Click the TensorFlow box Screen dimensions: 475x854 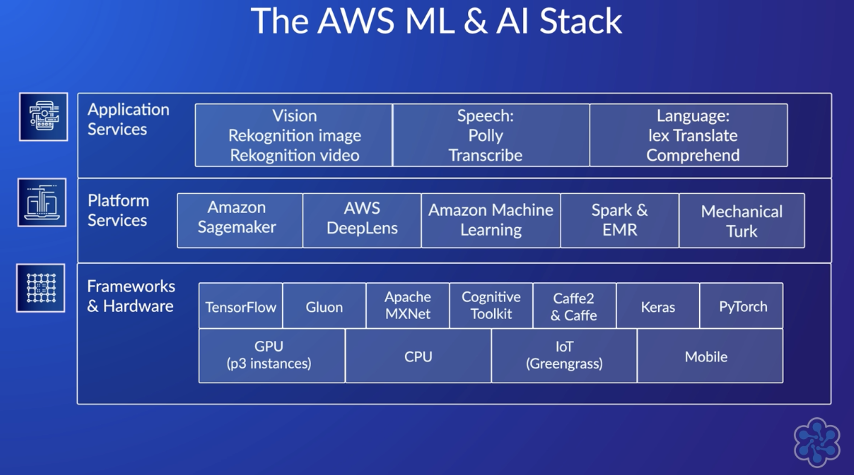tap(241, 306)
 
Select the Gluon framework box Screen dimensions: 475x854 tap(324, 306)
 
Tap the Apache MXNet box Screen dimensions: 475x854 tap(408, 306)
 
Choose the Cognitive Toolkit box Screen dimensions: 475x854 tap(491, 306)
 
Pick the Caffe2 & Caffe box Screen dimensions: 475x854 tap(574, 306)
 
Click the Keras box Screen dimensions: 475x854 tap(658, 306)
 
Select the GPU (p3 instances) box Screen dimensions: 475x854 tap(269, 355)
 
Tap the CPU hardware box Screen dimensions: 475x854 tap(418, 356)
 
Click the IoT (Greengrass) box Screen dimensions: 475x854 tap(564, 355)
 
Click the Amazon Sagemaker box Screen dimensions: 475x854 tap(237, 218)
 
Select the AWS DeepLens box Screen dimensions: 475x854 tap(362, 218)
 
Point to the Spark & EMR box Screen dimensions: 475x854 tap(619, 220)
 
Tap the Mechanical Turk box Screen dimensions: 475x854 tap(741, 221)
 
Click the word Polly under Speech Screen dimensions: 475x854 tap(485, 135)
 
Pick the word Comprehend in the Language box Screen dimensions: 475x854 tap(693, 155)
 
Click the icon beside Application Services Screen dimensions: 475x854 tap(43, 117)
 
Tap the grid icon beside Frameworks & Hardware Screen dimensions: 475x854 tap(41, 288)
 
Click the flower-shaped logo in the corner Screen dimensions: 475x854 tap(817, 442)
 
